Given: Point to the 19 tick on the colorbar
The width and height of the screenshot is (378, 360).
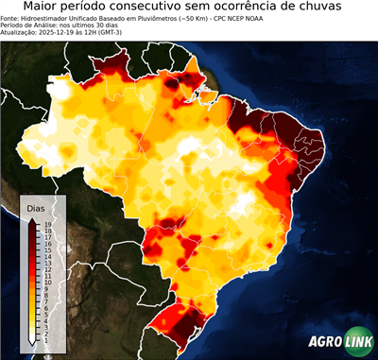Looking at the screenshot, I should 46,223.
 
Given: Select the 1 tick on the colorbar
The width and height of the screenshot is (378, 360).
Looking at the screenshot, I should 46,338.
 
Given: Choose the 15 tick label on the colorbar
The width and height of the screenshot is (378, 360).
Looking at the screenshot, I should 46,249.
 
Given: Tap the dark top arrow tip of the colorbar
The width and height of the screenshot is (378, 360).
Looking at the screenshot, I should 32,218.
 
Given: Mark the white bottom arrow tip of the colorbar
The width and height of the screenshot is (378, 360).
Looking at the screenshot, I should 32,344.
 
